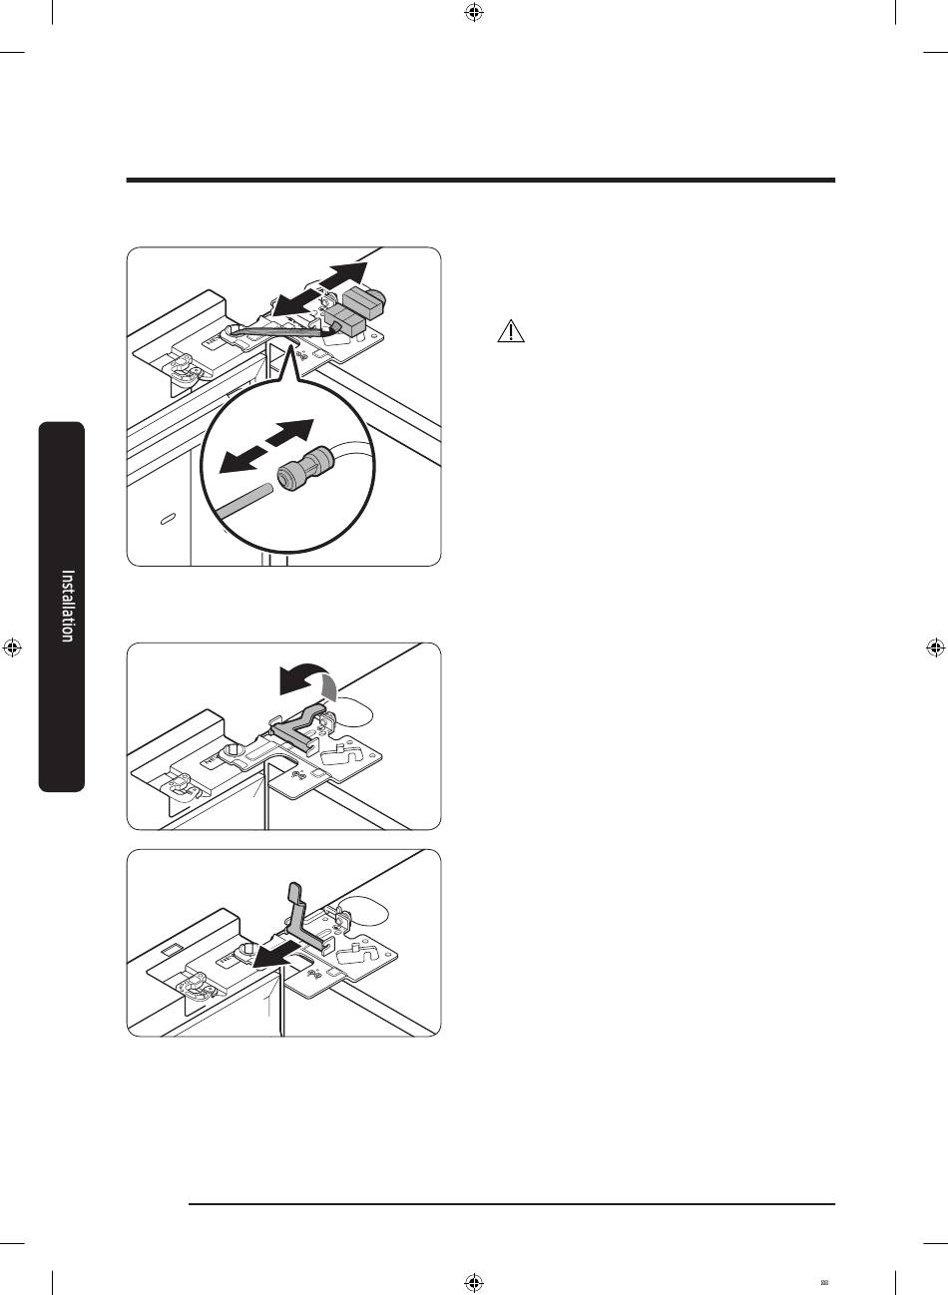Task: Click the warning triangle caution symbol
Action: (x=511, y=331)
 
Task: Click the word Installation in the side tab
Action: (x=68, y=606)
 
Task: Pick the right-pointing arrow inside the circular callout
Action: (x=290, y=432)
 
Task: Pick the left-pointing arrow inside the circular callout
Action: (x=241, y=460)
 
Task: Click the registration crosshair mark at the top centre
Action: (x=474, y=12)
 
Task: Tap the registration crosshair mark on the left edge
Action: (x=12, y=647)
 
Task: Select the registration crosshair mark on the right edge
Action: (x=935, y=647)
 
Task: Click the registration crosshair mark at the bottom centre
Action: (x=474, y=1283)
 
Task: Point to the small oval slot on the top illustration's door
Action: (x=168, y=519)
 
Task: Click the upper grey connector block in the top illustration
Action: (x=364, y=299)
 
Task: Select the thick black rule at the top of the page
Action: (x=481, y=181)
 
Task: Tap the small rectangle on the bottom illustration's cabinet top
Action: (x=172, y=949)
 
